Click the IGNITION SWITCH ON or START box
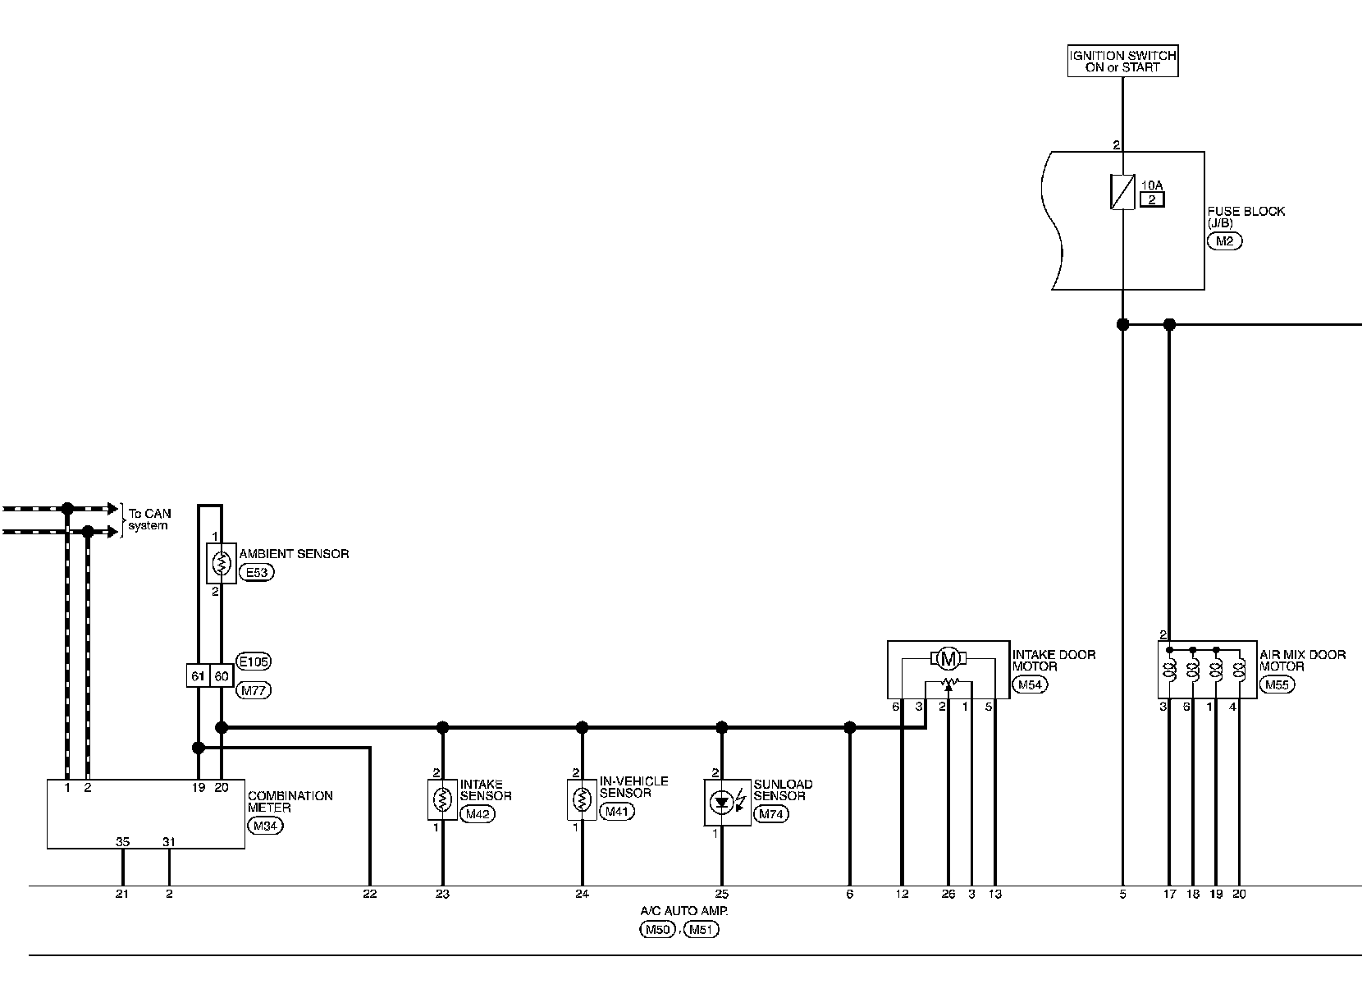click(1122, 62)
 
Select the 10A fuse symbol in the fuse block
click(1122, 192)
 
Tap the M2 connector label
click(1224, 240)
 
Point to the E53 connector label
click(257, 573)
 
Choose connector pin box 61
click(198, 675)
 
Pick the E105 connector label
click(253, 661)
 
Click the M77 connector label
click(254, 690)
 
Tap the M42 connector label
click(477, 814)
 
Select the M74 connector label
click(771, 814)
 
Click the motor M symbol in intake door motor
click(948, 658)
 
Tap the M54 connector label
click(1030, 685)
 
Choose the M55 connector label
click(1277, 685)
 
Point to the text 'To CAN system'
click(149, 520)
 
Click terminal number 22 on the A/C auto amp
click(369, 894)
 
